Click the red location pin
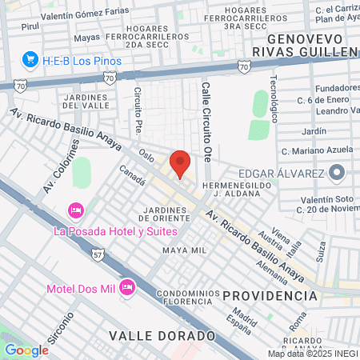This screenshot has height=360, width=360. pos(180,163)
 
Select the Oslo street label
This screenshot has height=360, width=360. pos(146,153)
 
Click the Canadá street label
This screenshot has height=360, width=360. pos(132,175)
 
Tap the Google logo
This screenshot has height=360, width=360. pos(26,350)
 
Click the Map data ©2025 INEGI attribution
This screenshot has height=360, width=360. pos(312,354)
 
